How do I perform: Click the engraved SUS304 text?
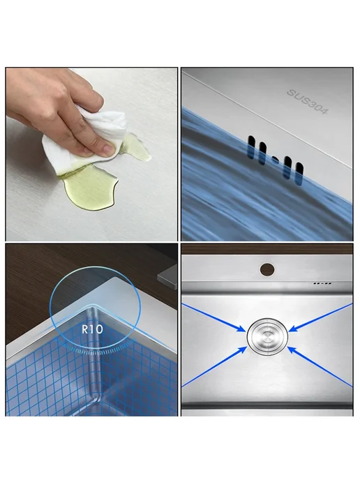(307, 101)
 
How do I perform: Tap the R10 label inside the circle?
(93, 329)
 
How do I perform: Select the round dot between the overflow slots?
(276, 160)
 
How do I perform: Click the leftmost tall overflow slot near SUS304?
(251, 147)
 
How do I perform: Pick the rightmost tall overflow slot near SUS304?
(299, 174)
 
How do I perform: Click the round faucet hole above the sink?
(267, 269)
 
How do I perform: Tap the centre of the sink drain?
(267, 336)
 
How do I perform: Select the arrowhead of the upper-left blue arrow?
(241, 328)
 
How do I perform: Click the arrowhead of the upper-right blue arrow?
(294, 328)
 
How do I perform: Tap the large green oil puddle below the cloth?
(89, 187)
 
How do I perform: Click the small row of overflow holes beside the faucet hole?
(322, 283)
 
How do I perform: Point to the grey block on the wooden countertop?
(167, 278)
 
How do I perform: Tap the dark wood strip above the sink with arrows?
(267, 250)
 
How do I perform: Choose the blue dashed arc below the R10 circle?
(96, 350)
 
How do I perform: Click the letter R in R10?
(85, 329)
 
